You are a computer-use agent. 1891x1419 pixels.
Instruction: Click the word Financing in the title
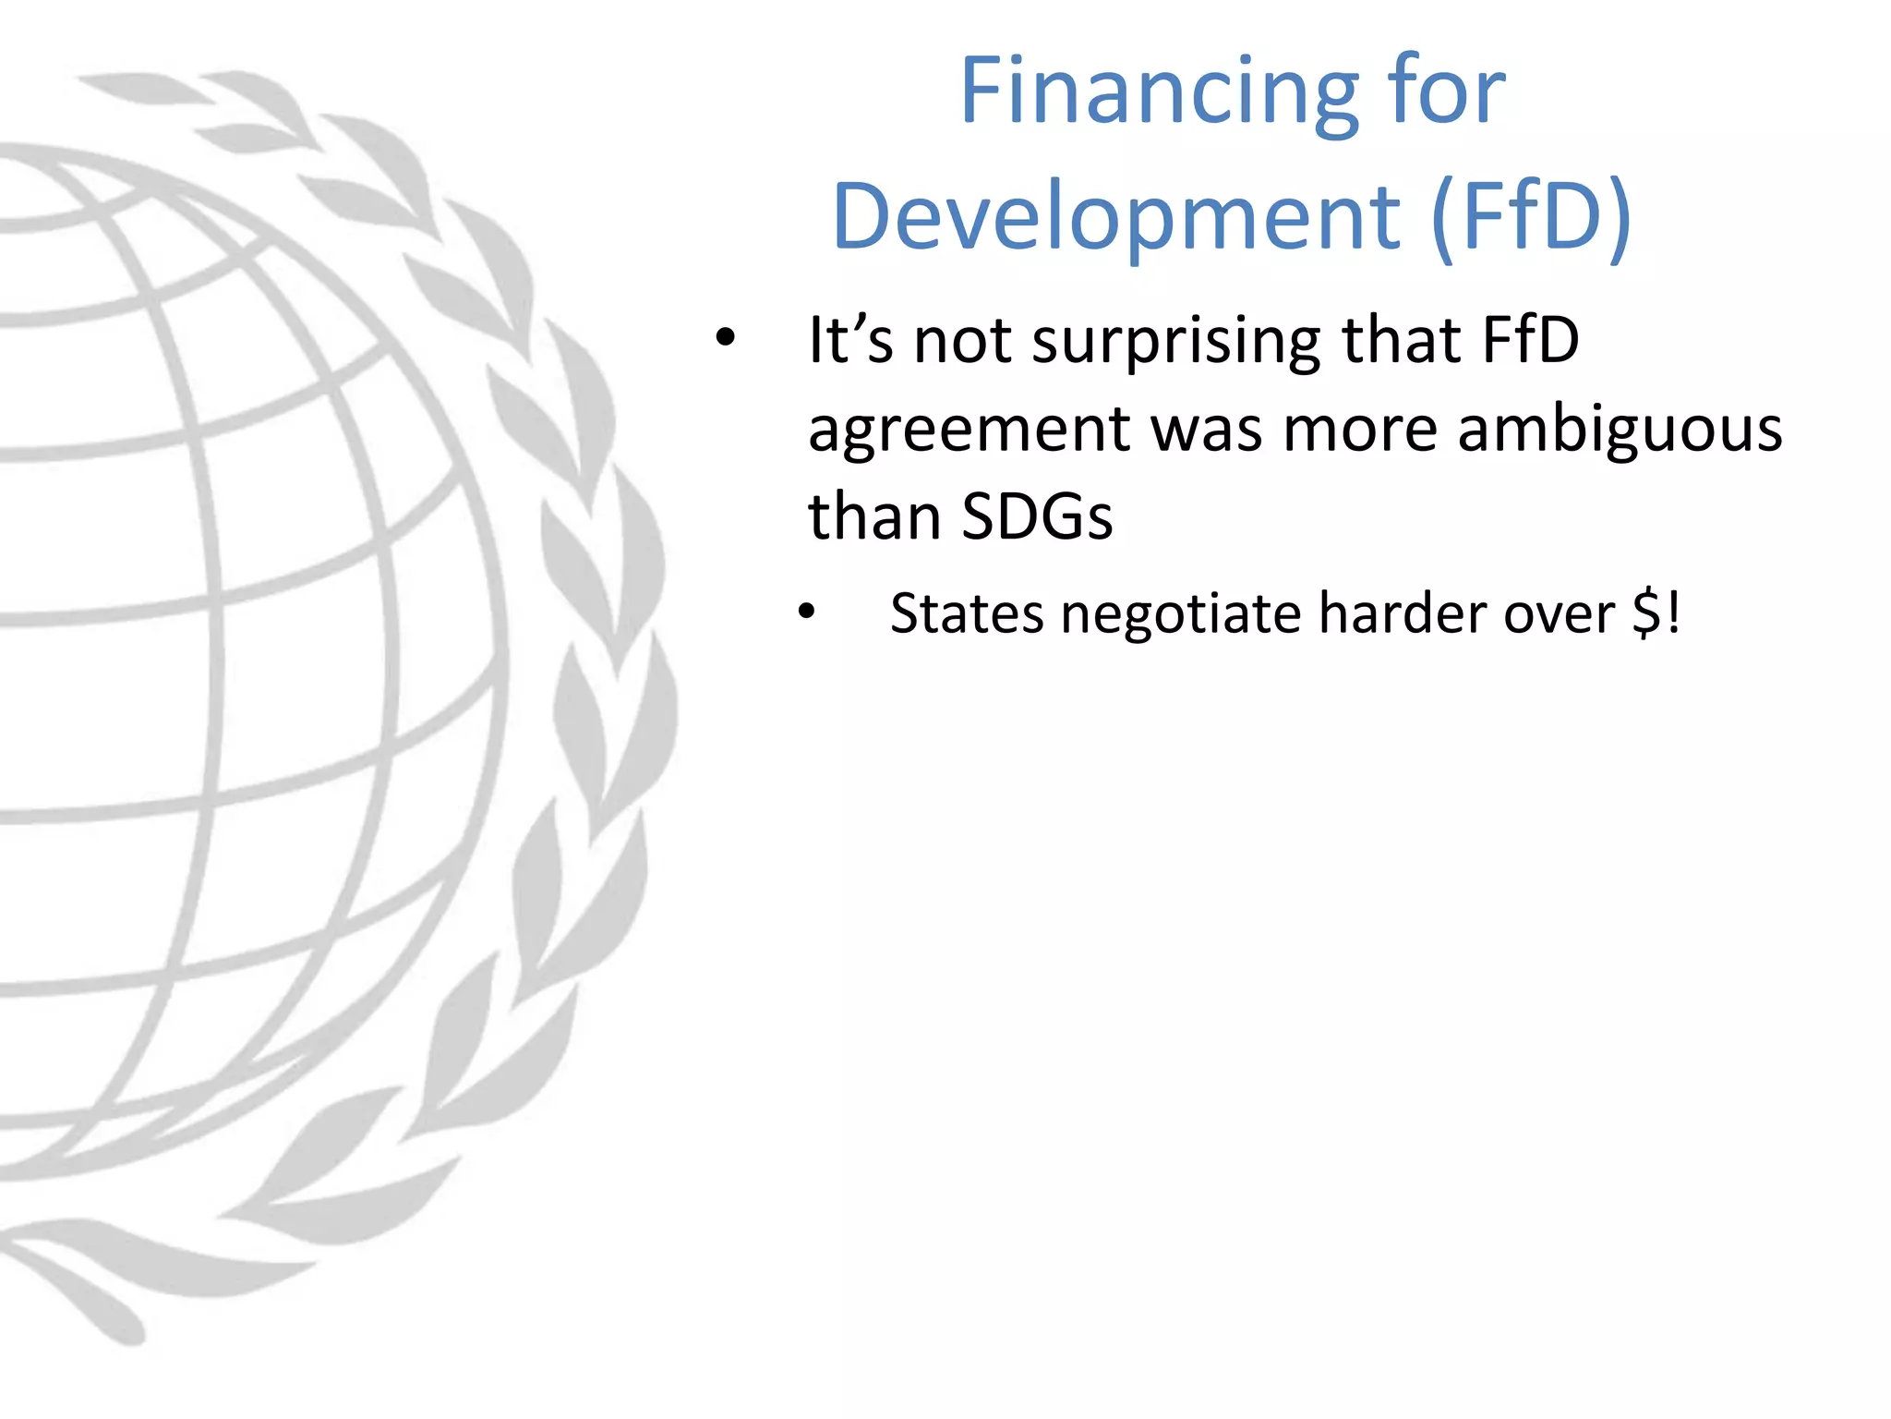[1159, 92]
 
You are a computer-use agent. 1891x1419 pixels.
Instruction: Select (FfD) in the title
[1531, 216]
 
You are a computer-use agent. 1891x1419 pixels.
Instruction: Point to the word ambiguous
[1620, 430]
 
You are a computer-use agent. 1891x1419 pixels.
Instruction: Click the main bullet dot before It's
[726, 338]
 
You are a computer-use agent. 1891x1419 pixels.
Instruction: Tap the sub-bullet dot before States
[807, 612]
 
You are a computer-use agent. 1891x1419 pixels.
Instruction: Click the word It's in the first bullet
[850, 339]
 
